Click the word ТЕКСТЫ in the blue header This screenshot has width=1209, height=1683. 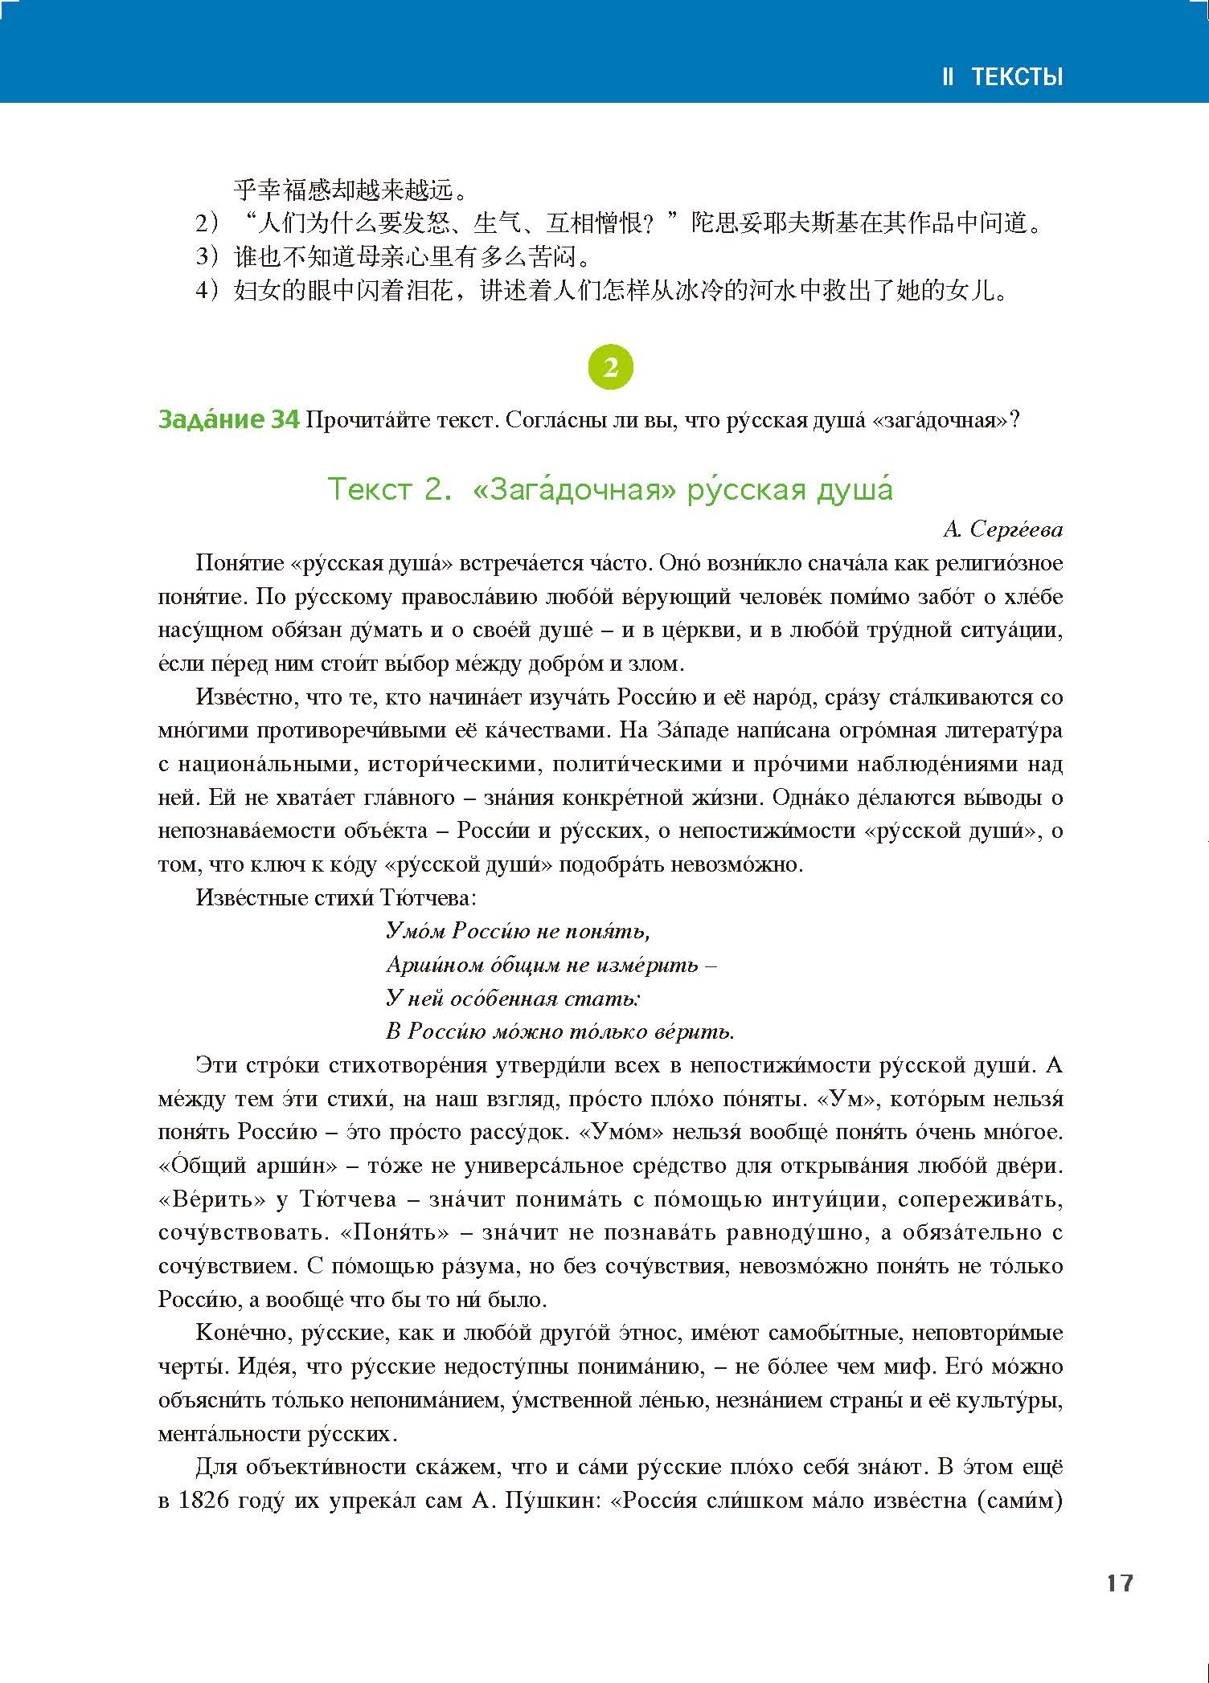pyautogui.click(x=1017, y=77)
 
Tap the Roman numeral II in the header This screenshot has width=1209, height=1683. pyautogui.click(x=948, y=77)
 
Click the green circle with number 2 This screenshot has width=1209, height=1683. pyautogui.click(x=611, y=367)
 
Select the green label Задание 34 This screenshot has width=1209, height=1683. pyautogui.click(x=229, y=419)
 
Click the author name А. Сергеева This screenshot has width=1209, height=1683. pyautogui.click(x=1002, y=529)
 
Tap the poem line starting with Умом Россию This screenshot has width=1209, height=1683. pyautogui.click(x=518, y=930)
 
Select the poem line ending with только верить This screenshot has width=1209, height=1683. pyautogui.click(x=560, y=1031)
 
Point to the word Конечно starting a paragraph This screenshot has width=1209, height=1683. pyautogui.click(x=242, y=1333)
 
